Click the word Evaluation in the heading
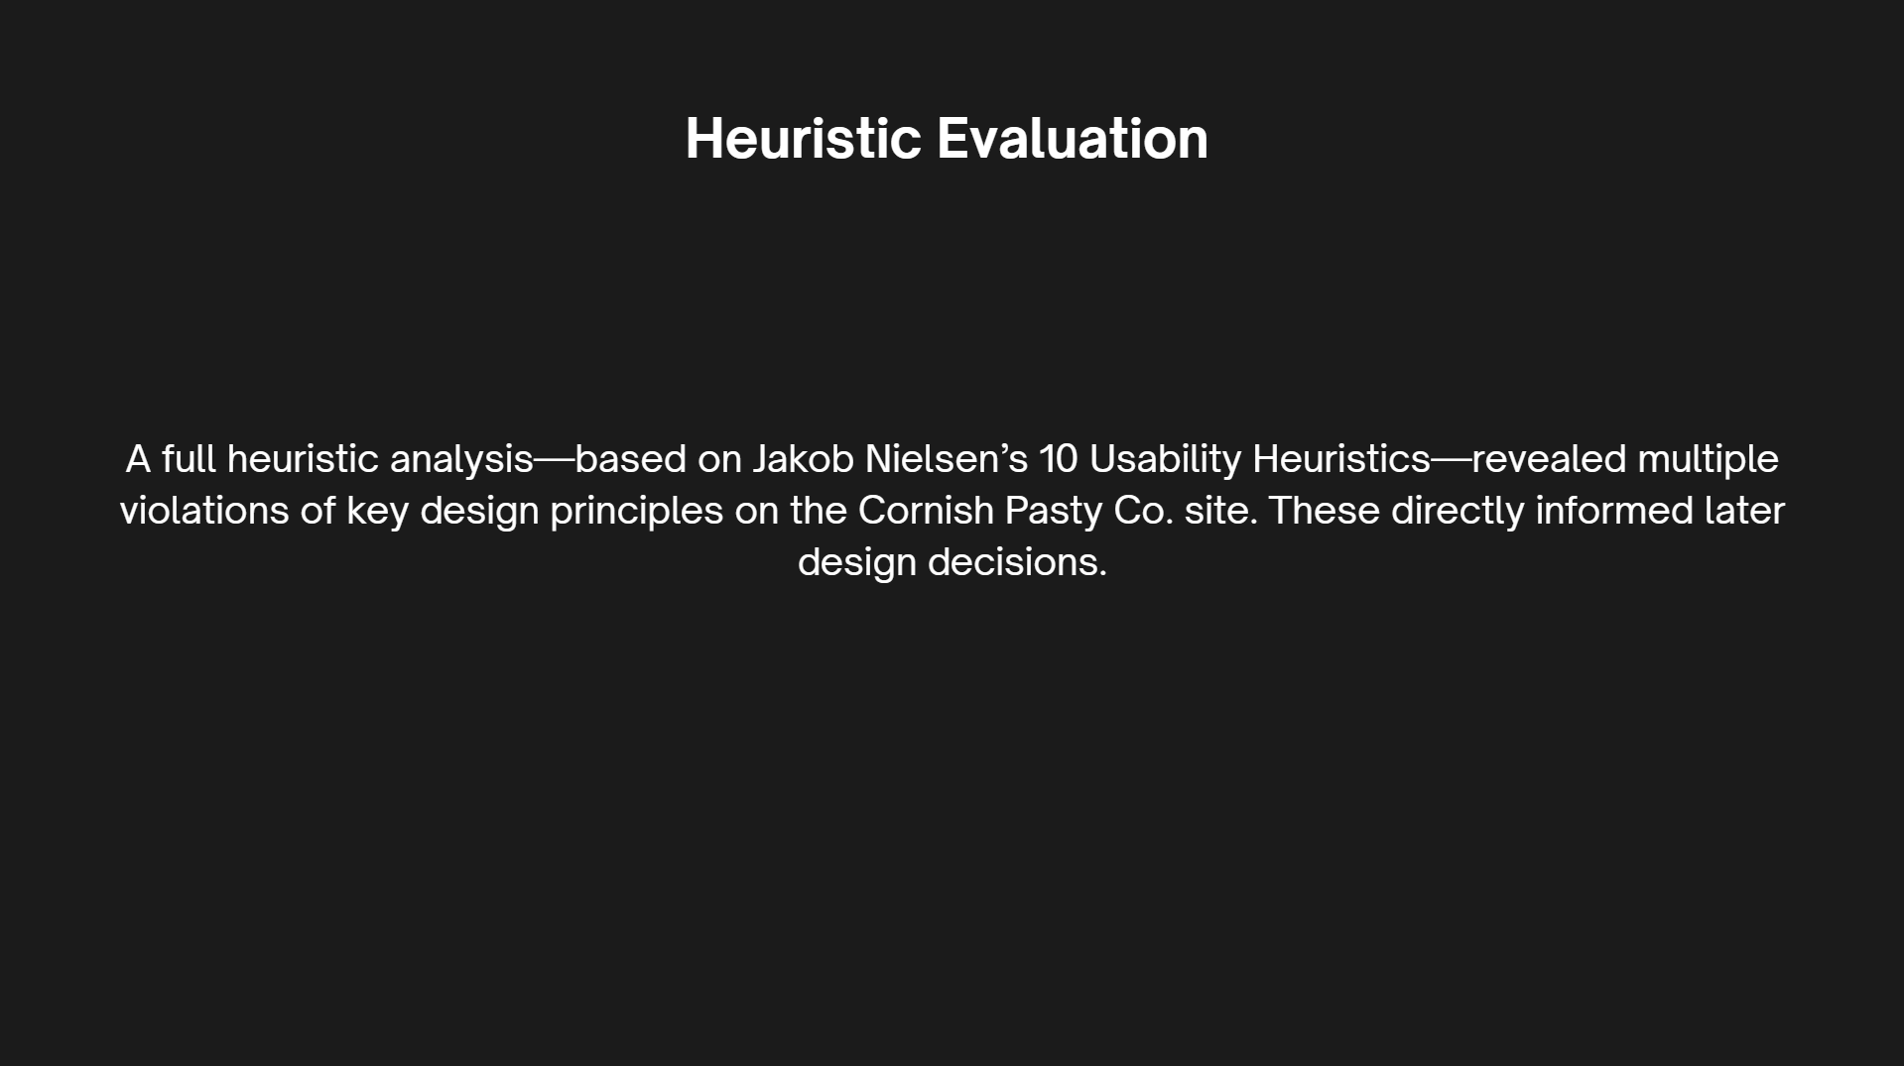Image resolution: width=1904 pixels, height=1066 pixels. (x=1073, y=138)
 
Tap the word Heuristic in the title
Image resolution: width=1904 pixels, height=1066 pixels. (x=804, y=138)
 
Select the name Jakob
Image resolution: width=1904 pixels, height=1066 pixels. (x=803, y=459)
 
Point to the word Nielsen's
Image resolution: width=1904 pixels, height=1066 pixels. (x=947, y=459)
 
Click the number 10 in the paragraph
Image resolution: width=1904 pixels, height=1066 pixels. (x=1059, y=459)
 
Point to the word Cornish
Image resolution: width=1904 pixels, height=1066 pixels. (x=926, y=511)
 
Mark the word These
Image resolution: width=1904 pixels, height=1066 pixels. (x=1324, y=511)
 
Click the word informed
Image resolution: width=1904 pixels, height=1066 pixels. (x=1614, y=511)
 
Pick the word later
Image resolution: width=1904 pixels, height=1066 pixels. (x=1744, y=511)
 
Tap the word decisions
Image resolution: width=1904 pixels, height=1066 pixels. (x=1017, y=562)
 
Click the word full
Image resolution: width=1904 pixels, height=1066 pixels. (x=189, y=459)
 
